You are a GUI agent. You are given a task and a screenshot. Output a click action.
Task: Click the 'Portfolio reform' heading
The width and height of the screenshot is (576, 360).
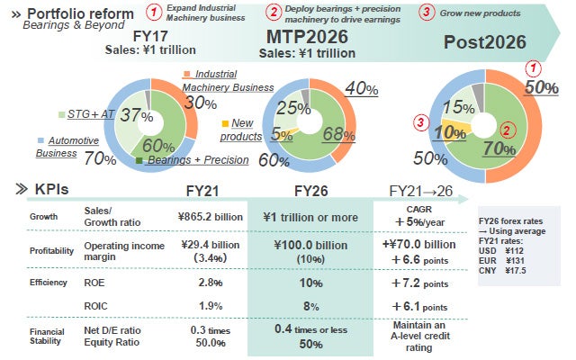pyautogui.click(x=80, y=14)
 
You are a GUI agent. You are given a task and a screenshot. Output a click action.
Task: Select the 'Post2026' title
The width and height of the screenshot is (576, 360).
pyautogui.click(x=485, y=42)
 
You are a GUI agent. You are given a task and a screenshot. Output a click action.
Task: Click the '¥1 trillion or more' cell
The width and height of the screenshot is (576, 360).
pyautogui.click(x=314, y=217)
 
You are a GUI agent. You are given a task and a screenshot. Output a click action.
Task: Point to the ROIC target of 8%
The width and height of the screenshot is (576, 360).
pyautogui.click(x=312, y=306)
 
